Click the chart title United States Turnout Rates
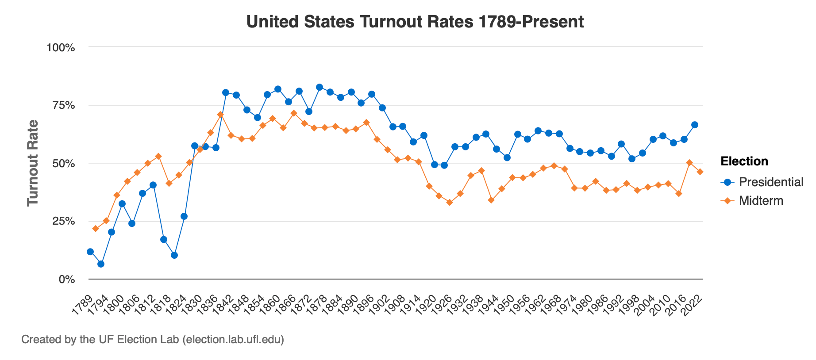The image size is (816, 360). (415, 22)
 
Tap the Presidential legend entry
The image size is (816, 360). (770, 182)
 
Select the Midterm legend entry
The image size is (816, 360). (761, 201)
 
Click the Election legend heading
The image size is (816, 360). (744, 161)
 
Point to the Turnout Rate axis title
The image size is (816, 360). (33, 163)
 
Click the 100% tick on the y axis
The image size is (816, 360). (61, 47)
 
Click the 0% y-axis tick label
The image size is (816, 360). (67, 280)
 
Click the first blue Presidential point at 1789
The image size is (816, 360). (90, 252)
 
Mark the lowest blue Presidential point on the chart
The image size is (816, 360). (101, 264)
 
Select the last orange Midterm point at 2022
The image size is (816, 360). (700, 172)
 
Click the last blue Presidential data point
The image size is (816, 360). (695, 125)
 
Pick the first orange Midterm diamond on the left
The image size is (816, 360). (96, 229)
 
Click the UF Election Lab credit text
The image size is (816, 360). (153, 340)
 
